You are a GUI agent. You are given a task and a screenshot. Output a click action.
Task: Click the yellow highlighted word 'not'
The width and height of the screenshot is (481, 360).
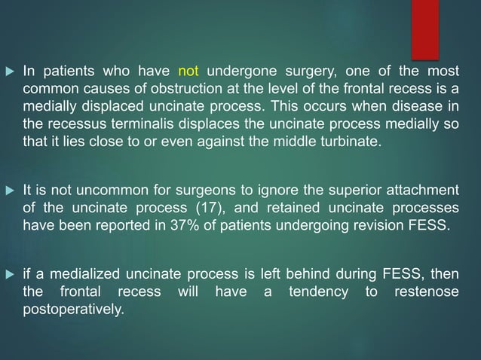point(188,73)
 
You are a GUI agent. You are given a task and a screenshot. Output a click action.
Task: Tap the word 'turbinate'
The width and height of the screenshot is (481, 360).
point(345,139)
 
